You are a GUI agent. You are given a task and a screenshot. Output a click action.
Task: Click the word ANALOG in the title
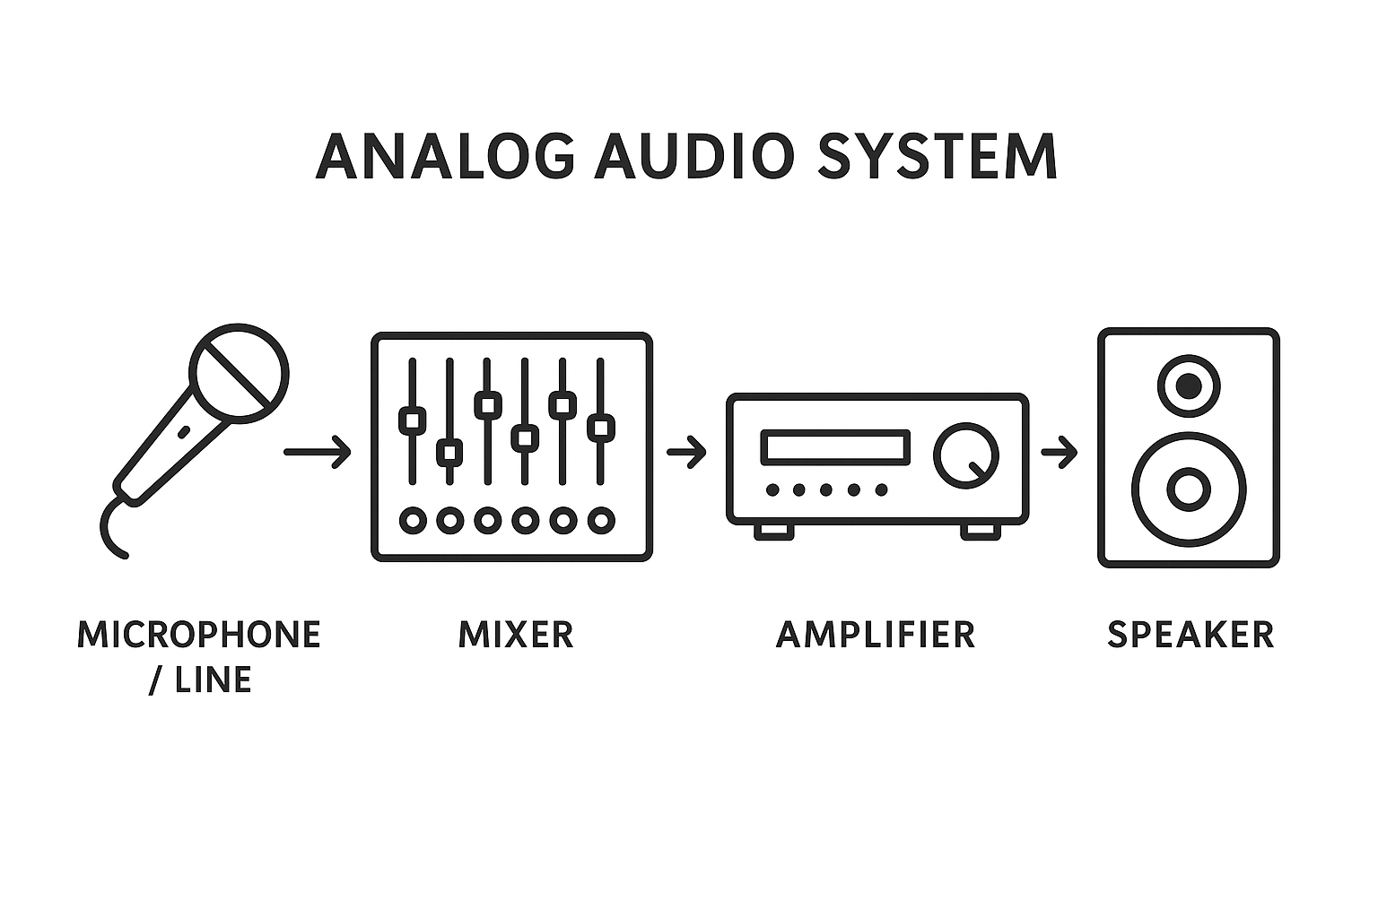pyautogui.click(x=445, y=156)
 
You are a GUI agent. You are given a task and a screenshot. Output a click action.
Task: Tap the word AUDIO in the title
pyautogui.click(x=694, y=156)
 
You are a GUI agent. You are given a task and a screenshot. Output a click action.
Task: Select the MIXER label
pyautogui.click(x=516, y=635)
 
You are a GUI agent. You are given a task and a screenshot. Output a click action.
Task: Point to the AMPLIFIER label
pyautogui.click(x=876, y=635)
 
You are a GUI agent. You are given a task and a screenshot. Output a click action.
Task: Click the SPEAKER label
pyautogui.click(x=1190, y=635)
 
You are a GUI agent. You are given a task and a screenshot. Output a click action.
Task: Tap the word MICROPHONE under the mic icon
pyautogui.click(x=199, y=635)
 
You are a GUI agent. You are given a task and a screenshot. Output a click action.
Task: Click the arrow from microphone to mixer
pyautogui.click(x=317, y=452)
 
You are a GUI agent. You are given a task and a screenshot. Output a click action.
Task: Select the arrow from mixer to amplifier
pyautogui.click(x=686, y=452)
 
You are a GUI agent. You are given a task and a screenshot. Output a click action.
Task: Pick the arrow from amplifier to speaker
pyautogui.click(x=1059, y=452)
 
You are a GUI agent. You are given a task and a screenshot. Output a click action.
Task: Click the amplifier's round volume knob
pyautogui.click(x=965, y=454)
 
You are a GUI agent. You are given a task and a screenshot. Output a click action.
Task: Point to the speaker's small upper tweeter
pyautogui.click(x=1189, y=386)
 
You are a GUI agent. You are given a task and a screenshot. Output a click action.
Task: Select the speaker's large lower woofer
pyautogui.click(x=1188, y=489)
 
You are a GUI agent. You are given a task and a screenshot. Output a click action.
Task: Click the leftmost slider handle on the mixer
pyautogui.click(x=412, y=420)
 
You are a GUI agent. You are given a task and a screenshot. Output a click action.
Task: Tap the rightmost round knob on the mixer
pyautogui.click(x=600, y=519)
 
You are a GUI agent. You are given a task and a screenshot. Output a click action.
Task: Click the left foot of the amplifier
pyautogui.click(x=773, y=531)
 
